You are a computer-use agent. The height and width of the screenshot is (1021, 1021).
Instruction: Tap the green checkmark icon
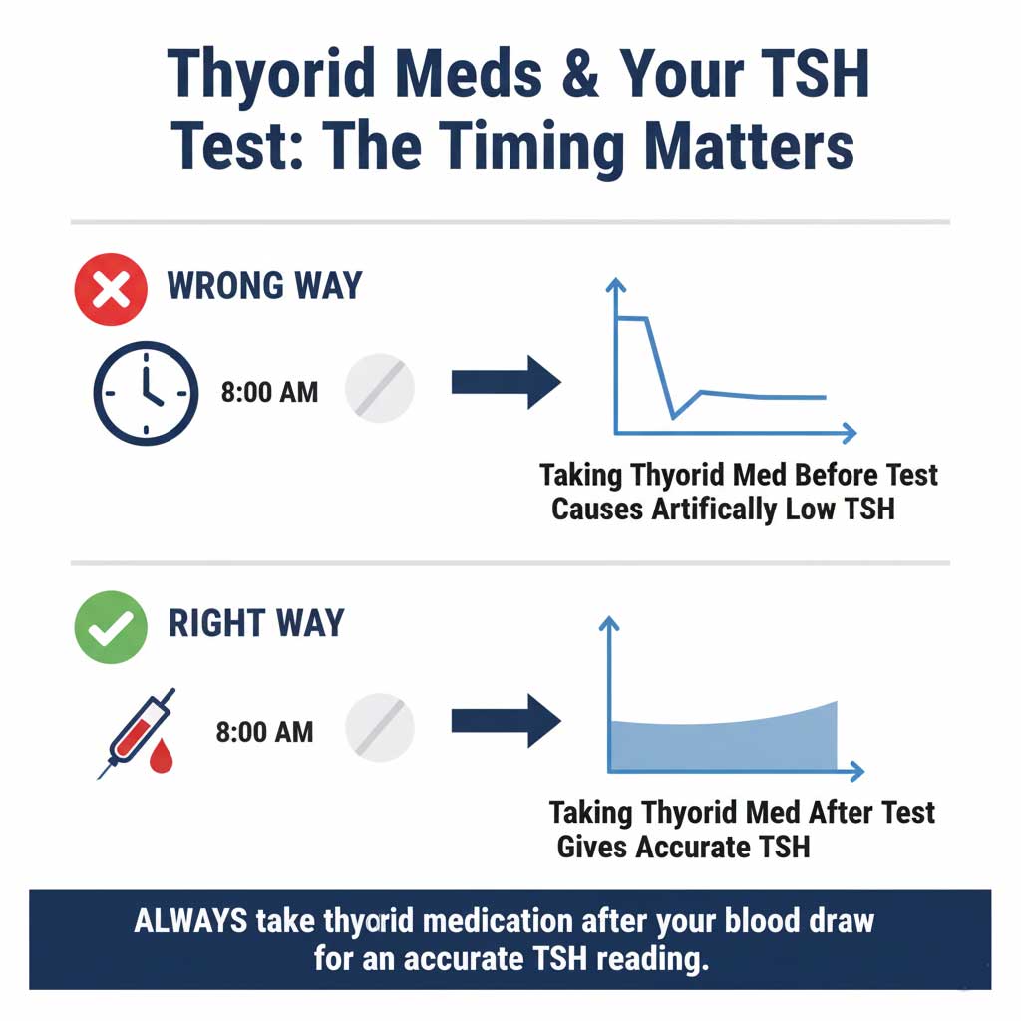(111, 625)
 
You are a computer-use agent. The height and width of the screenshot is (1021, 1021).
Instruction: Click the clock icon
(145, 392)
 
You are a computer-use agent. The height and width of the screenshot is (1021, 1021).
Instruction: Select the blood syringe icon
(140, 730)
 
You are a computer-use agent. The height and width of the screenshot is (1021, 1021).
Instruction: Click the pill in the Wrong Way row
(379, 391)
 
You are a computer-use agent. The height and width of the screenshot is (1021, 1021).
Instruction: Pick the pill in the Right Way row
(379, 730)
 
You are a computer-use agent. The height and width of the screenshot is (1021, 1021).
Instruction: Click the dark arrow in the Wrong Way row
(506, 382)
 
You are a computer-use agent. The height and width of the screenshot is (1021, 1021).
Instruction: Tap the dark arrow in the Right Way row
(506, 720)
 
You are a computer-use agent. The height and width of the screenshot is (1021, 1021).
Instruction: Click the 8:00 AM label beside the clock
(269, 392)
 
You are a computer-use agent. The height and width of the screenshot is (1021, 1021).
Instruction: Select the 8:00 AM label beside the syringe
(264, 731)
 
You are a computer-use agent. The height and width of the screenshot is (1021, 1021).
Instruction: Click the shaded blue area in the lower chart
(723, 743)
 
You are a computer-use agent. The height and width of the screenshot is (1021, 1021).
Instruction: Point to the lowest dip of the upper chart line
(673, 417)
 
